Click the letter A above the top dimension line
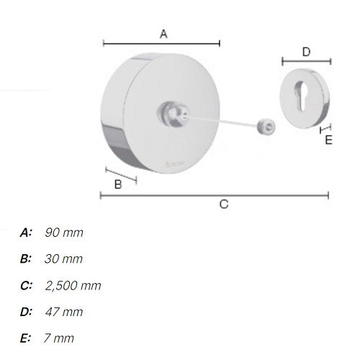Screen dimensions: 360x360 163,34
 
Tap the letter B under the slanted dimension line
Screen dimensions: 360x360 118,185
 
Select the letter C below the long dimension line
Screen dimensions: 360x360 224,204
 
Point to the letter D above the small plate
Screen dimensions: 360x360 306,52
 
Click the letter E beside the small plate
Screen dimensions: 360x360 328,140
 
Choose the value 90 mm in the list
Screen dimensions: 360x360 64,233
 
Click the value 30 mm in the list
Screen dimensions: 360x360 63,258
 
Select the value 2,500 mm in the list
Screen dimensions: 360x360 73,286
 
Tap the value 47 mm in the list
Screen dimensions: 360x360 64,312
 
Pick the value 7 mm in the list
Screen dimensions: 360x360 59,338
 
